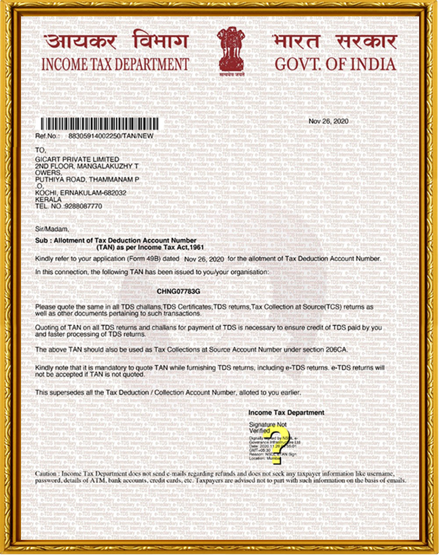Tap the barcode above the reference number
pos(99,124)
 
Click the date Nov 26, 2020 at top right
pos(328,121)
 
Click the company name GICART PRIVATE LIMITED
pos(78,159)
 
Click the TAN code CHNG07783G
pos(179,290)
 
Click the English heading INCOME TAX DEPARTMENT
pos(115,64)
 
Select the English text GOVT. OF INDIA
pos(335,64)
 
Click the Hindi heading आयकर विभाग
pos(116,42)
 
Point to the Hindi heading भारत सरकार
pos(335,42)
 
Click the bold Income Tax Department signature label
pos(286,412)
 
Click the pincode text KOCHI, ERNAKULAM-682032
pos(81,193)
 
